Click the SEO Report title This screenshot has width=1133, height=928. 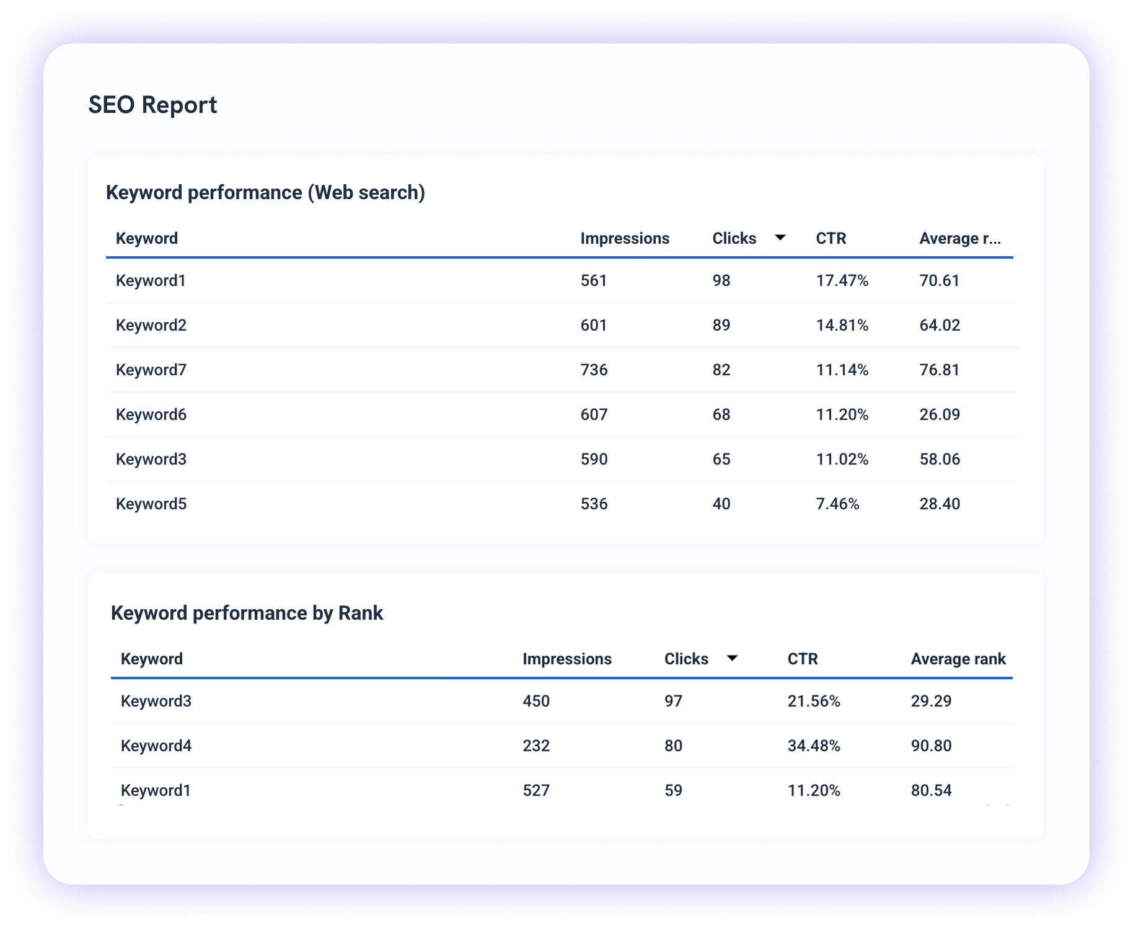(152, 105)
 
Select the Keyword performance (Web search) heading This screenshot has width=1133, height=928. (265, 192)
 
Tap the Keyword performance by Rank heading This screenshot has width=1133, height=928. (247, 613)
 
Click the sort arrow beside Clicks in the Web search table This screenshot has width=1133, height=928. (780, 238)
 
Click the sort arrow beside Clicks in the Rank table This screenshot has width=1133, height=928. (732, 658)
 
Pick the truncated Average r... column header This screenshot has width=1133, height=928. (959, 238)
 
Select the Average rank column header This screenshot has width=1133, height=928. (958, 659)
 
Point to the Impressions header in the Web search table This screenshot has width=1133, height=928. (624, 238)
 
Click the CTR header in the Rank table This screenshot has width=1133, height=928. (802, 659)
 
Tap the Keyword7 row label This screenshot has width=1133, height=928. (151, 370)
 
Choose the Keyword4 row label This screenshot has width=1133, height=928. (156, 746)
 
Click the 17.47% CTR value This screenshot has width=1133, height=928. (842, 280)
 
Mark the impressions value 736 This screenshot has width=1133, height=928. (594, 370)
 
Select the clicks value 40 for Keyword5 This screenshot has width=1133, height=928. (721, 504)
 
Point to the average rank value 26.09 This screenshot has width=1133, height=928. (939, 414)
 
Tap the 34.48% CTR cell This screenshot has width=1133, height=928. (813, 746)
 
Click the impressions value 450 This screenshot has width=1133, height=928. (536, 701)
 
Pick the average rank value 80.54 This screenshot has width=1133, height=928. (931, 790)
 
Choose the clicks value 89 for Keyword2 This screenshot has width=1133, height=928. (721, 325)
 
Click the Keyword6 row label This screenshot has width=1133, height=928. (151, 414)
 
